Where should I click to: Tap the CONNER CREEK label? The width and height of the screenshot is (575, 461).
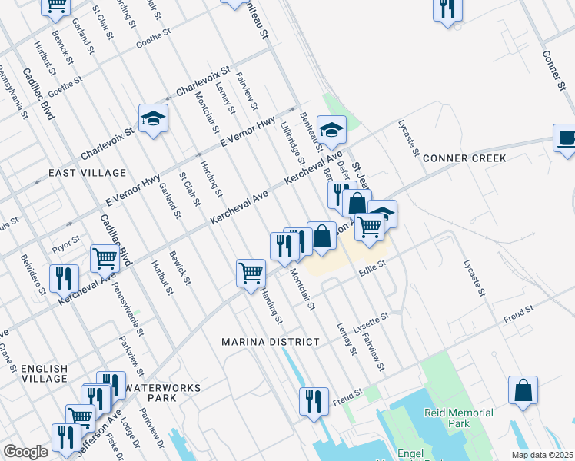click(x=464, y=158)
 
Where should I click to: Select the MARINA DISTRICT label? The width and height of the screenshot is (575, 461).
click(x=269, y=341)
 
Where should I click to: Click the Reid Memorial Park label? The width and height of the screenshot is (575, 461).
click(x=459, y=418)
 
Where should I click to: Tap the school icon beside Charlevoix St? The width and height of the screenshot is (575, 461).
click(x=153, y=118)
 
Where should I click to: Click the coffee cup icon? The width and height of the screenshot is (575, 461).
click(x=565, y=138)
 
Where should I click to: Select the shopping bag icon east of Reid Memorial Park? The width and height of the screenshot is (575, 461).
click(x=523, y=390)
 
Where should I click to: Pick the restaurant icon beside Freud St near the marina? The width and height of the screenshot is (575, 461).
click(x=313, y=400)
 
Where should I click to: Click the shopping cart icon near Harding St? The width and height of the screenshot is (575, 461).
click(x=251, y=273)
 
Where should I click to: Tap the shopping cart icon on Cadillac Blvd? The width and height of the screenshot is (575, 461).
click(x=105, y=259)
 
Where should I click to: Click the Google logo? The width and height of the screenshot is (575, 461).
click(x=25, y=452)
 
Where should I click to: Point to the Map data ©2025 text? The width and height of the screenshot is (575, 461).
click(x=541, y=455)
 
